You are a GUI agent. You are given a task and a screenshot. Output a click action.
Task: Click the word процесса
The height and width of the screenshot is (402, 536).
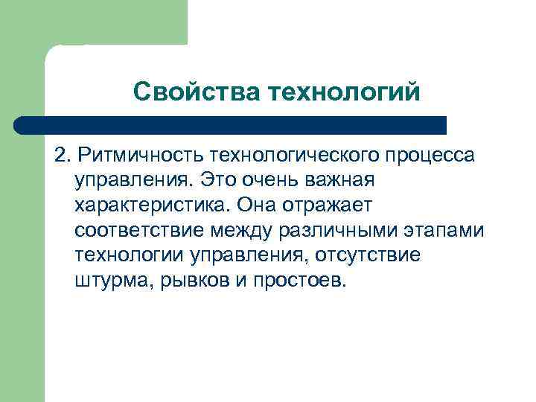433,156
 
